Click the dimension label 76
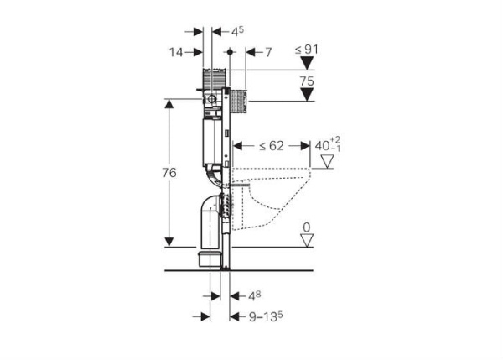coord(169,173)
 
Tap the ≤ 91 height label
coord(307,50)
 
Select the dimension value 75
coord(307,81)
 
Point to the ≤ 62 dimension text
coord(272,146)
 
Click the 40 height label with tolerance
coord(328,145)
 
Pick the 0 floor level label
coord(307,227)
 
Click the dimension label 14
coord(176,52)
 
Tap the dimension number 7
coord(268,52)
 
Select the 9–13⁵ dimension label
coord(266,316)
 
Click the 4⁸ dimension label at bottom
coord(255,295)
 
